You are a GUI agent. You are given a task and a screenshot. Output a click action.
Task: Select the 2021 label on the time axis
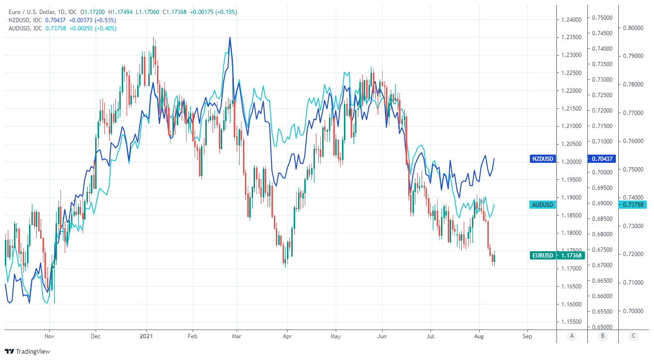click(x=146, y=336)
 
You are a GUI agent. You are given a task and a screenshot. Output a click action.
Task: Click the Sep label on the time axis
click(x=527, y=336)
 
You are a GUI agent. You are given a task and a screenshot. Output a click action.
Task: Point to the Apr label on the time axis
click(x=287, y=336)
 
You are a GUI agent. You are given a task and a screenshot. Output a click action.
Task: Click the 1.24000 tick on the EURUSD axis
click(x=571, y=20)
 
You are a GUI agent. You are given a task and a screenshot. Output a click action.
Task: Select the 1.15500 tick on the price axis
click(x=571, y=322)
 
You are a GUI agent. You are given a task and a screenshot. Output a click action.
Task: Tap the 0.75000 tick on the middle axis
click(x=602, y=18)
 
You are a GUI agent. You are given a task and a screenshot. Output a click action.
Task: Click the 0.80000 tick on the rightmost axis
click(x=632, y=28)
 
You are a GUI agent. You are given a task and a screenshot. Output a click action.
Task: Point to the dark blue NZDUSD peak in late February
click(x=230, y=37)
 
